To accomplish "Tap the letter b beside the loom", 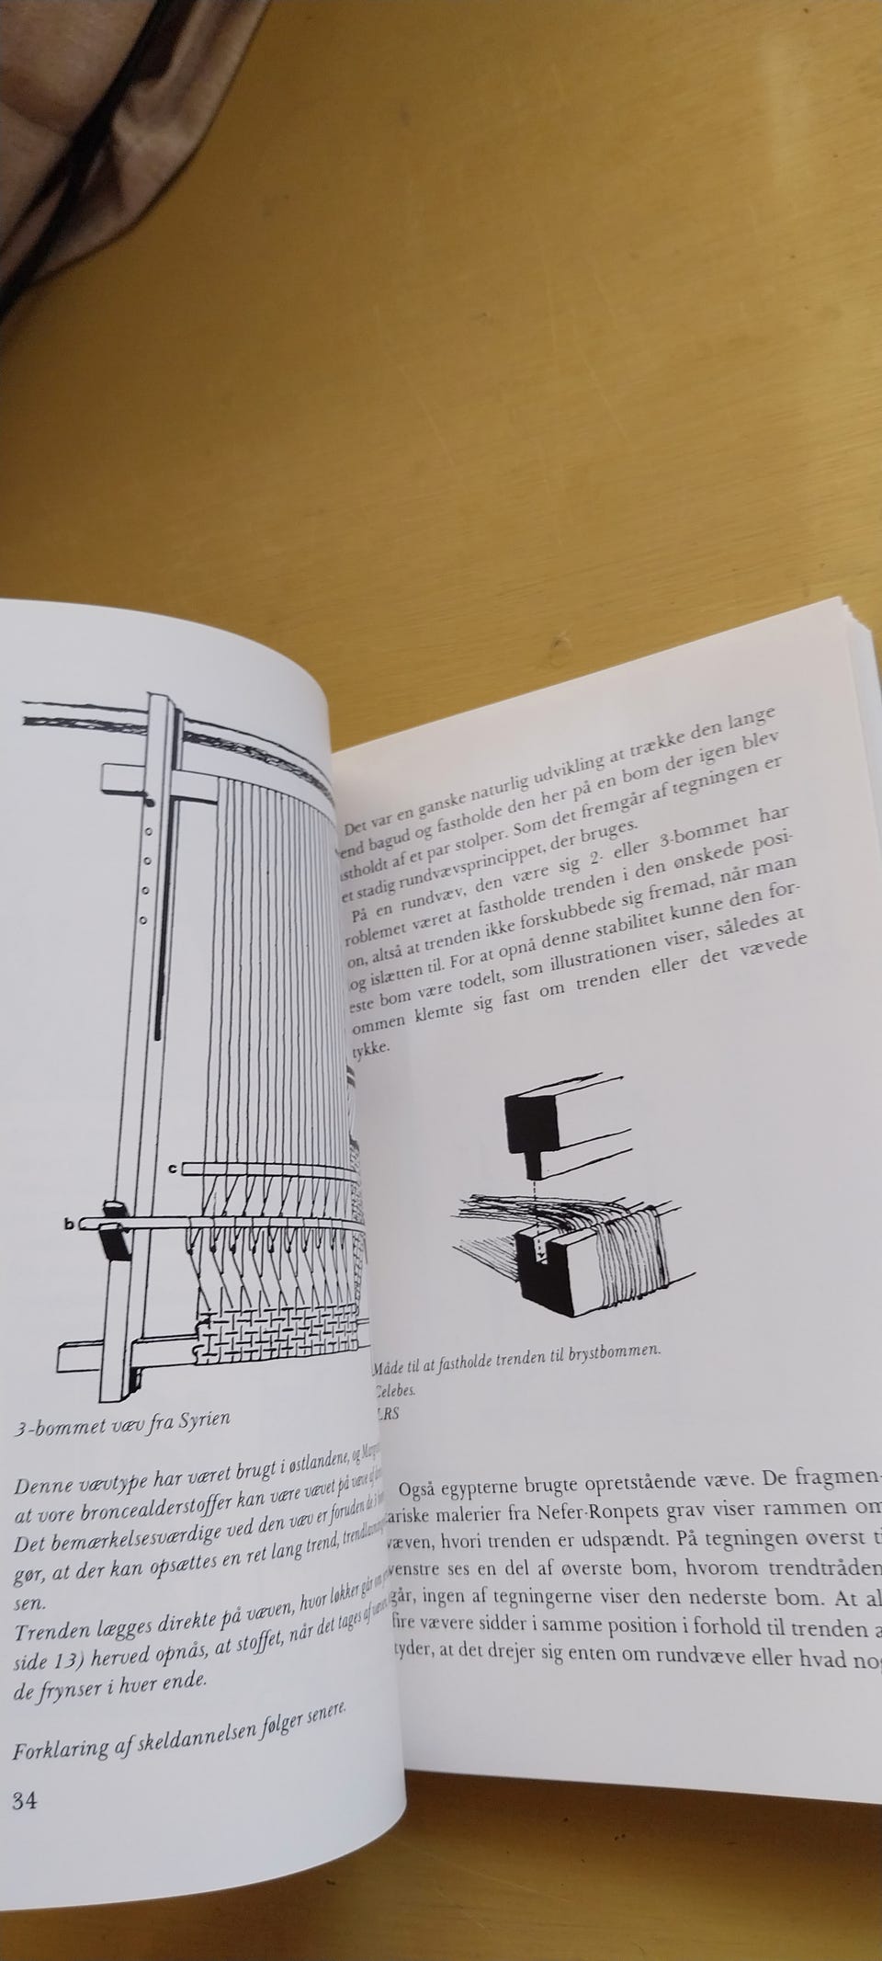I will pos(68,1224).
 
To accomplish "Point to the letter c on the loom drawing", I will pos(173,1169).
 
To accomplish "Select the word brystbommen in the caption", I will pos(614,1350).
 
